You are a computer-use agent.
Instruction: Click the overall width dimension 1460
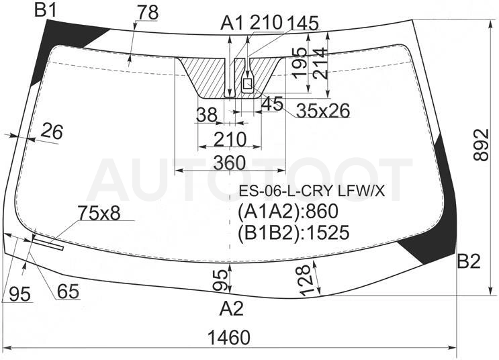click(229, 337)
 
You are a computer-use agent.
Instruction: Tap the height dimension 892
click(481, 145)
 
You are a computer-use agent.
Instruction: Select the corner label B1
click(46, 10)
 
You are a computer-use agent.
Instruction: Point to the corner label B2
click(469, 261)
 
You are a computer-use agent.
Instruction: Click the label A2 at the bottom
click(231, 308)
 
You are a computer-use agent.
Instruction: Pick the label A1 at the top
click(232, 24)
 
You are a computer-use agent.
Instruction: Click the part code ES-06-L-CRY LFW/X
click(312, 191)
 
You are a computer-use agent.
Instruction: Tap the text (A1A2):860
click(288, 212)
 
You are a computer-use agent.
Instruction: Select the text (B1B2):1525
click(293, 232)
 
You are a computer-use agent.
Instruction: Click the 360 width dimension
click(230, 163)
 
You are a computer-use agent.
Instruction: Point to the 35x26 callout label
click(323, 110)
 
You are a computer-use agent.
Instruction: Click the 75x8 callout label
click(99, 213)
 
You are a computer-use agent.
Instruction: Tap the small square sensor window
click(247, 84)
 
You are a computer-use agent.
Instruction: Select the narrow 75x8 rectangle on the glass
click(48, 243)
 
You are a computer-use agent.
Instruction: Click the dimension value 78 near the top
click(148, 13)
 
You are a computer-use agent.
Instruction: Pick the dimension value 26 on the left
click(52, 132)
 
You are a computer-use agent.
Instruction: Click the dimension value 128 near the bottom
click(305, 279)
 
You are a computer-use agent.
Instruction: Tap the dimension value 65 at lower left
click(68, 291)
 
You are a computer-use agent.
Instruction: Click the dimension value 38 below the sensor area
click(207, 115)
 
